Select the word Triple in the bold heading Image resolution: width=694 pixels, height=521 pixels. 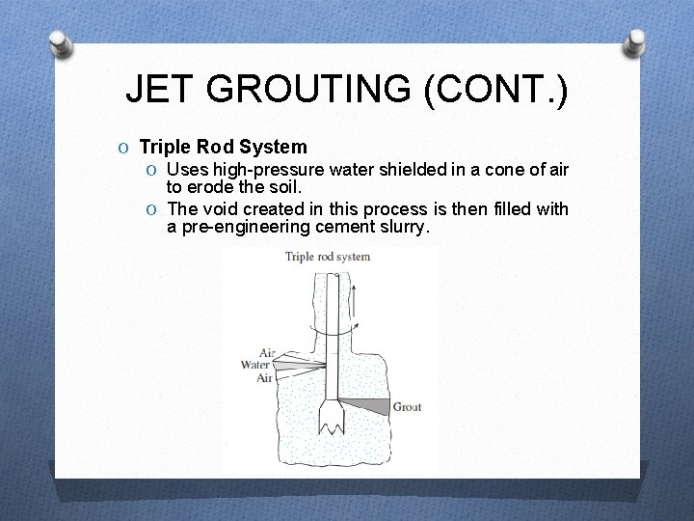point(167,148)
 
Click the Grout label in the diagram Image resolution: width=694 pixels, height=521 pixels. point(406,407)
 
